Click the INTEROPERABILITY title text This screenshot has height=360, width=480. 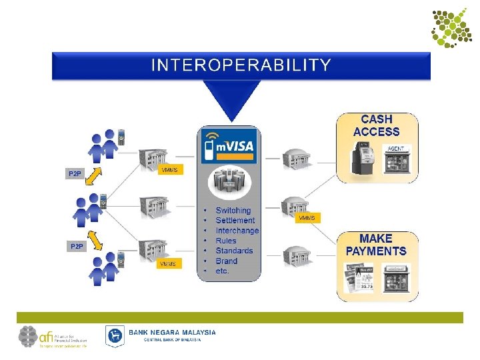(241, 65)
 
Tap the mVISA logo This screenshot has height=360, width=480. (229, 146)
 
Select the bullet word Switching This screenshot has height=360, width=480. (233, 210)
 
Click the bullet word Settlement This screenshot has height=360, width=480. (235, 220)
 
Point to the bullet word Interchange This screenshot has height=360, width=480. (237, 230)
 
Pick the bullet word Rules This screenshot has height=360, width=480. (226, 240)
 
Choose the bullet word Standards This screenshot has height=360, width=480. (234, 251)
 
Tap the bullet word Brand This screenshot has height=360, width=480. (226, 261)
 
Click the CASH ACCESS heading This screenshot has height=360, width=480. (376, 125)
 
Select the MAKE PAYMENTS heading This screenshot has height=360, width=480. (376, 245)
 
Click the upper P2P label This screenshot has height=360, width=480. (74, 174)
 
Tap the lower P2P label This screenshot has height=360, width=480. (77, 246)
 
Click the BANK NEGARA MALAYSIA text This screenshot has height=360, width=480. (172, 332)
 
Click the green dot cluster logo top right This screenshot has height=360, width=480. (451, 27)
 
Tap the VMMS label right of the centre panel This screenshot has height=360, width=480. (306, 218)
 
